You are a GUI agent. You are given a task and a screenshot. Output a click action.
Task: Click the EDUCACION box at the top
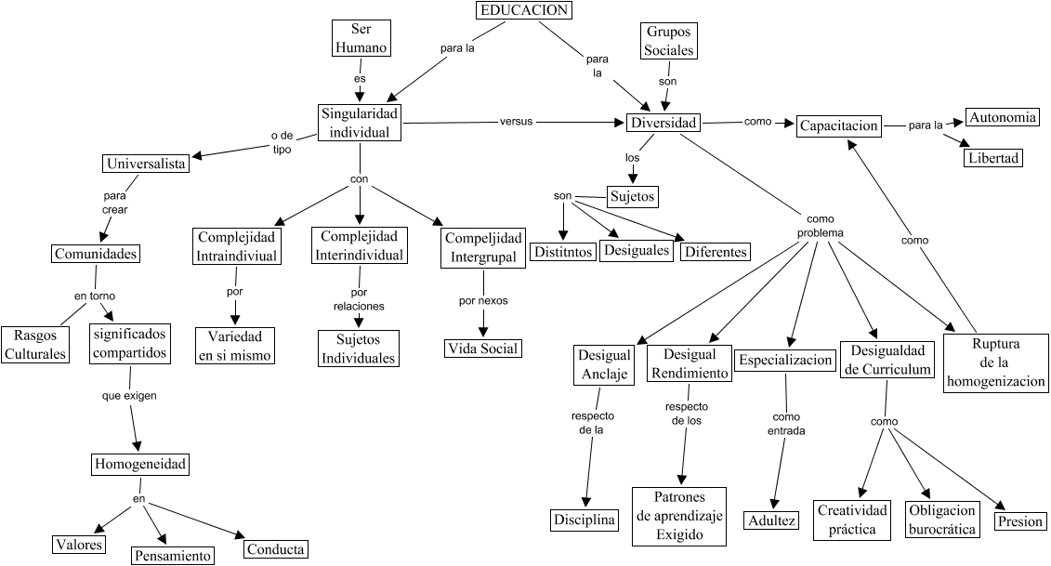[x=523, y=10]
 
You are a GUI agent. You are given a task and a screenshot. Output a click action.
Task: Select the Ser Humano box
[x=360, y=39]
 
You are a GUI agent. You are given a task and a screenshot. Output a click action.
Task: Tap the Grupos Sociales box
[x=669, y=42]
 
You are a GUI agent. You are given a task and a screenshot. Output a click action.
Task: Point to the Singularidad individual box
[x=360, y=122]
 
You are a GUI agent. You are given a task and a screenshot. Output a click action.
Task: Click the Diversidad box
[x=662, y=123]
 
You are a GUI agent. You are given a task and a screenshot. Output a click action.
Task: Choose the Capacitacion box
[x=838, y=125]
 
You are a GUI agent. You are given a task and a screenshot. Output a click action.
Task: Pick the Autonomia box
[x=1003, y=118]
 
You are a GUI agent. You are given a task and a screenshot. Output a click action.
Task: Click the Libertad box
[x=993, y=158]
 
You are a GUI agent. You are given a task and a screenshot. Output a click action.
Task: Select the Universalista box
[x=145, y=164]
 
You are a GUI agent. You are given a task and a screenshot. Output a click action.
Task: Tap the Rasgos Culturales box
[x=34, y=344]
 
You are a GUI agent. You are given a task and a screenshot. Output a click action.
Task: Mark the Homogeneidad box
[x=139, y=463]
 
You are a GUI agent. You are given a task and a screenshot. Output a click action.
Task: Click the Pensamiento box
[x=173, y=555]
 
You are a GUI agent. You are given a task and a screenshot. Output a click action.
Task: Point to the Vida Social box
[x=482, y=349]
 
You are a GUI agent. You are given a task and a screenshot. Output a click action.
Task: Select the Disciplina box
[x=585, y=520]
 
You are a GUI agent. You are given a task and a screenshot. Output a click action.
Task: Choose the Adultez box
[x=771, y=520]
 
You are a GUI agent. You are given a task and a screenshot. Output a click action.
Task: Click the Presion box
[x=1019, y=521]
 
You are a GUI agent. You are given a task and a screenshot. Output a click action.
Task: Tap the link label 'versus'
[x=517, y=122]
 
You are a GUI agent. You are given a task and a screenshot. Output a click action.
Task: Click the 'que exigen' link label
[x=128, y=396]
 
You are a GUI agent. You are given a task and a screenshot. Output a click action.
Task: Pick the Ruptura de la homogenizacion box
[x=995, y=363]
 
